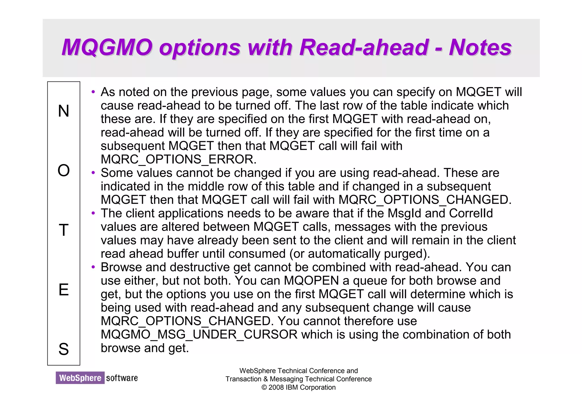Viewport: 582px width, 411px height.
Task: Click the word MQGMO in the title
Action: click(x=107, y=47)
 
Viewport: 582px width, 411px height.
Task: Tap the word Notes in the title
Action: click(x=480, y=47)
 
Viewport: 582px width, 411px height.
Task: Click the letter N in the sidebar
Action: click(x=64, y=111)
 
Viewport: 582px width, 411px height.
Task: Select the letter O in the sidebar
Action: click(x=64, y=171)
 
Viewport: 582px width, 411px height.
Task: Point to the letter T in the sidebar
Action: click(x=64, y=230)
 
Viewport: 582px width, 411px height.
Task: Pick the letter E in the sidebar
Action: click(x=64, y=290)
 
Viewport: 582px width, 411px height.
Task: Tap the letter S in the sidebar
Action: click(x=64, y=349)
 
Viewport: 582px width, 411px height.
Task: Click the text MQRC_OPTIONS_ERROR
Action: click(x=178, y=159)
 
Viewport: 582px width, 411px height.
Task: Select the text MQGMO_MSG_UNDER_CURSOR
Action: click(x=199, y=335)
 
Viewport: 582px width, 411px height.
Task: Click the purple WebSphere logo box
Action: click(x=80, y=378)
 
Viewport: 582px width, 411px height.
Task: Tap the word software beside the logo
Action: click(x=122, y=378)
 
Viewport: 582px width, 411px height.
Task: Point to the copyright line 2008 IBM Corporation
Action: click(x=298, y=387)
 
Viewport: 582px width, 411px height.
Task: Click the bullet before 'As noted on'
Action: click(x=93, y=92)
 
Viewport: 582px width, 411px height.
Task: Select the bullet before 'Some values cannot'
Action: click(x=93, y=173)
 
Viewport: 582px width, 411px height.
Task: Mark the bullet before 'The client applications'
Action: click(x=93, y=213)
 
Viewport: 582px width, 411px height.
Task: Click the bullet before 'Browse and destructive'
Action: click(x=93, y=267)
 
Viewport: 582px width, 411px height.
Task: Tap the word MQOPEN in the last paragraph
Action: click(x=311, y=281)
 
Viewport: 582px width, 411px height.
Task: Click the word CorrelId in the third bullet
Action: click(x=471, y=213)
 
